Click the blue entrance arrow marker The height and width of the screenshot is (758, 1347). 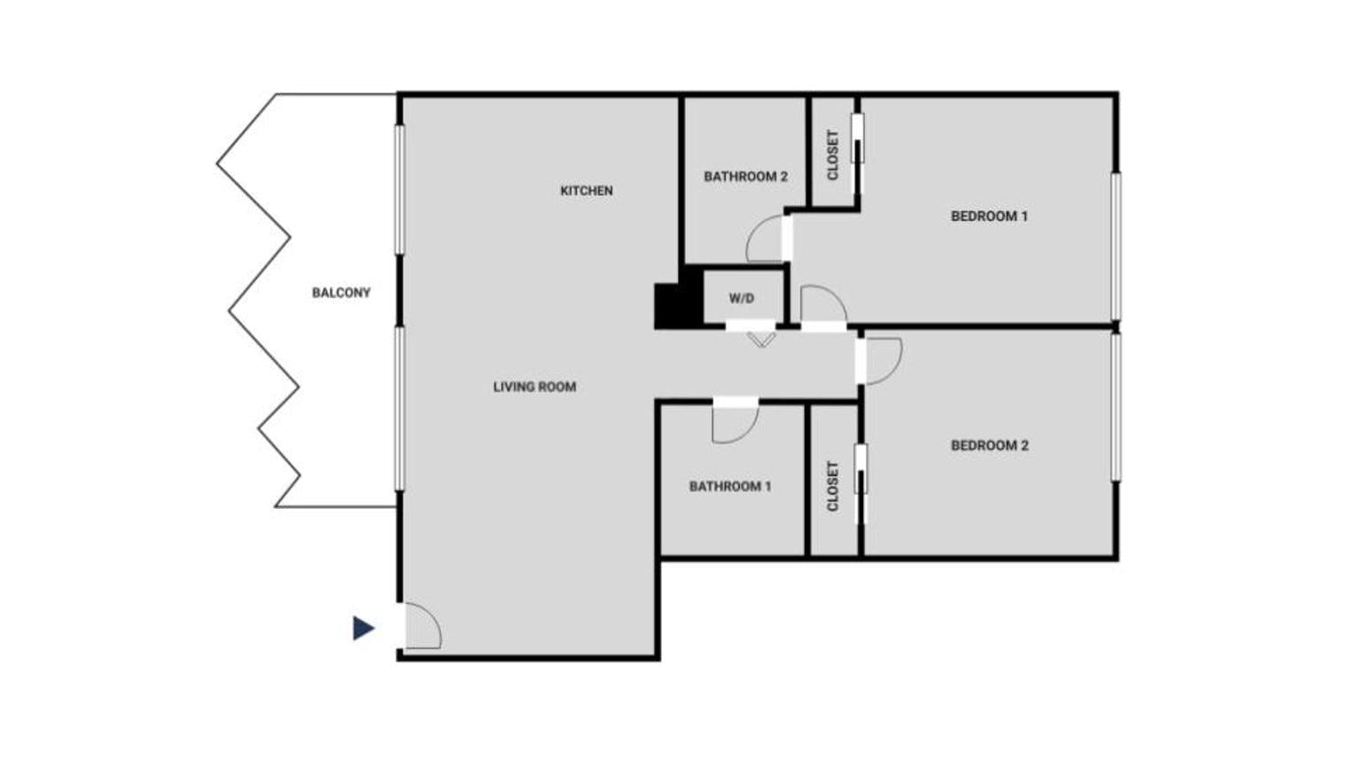[362, 628]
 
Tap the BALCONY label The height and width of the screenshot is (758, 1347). [341, 293]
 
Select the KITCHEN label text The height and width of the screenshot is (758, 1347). [587, 191]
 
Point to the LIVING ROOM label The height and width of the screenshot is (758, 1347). [534, 387]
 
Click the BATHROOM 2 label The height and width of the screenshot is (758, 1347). [745, 176]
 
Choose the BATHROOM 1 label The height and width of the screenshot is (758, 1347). [730, 486]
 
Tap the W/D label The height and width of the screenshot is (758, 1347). [742, 298]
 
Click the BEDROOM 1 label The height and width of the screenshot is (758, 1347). [989, 216]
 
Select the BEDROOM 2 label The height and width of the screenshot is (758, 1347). [989, 446]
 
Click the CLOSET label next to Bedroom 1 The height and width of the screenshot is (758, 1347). [833, 155]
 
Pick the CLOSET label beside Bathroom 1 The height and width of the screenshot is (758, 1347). [833, 486]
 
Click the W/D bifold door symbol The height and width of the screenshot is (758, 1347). [761, 341]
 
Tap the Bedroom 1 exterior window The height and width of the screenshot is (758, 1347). [1116, 246]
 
